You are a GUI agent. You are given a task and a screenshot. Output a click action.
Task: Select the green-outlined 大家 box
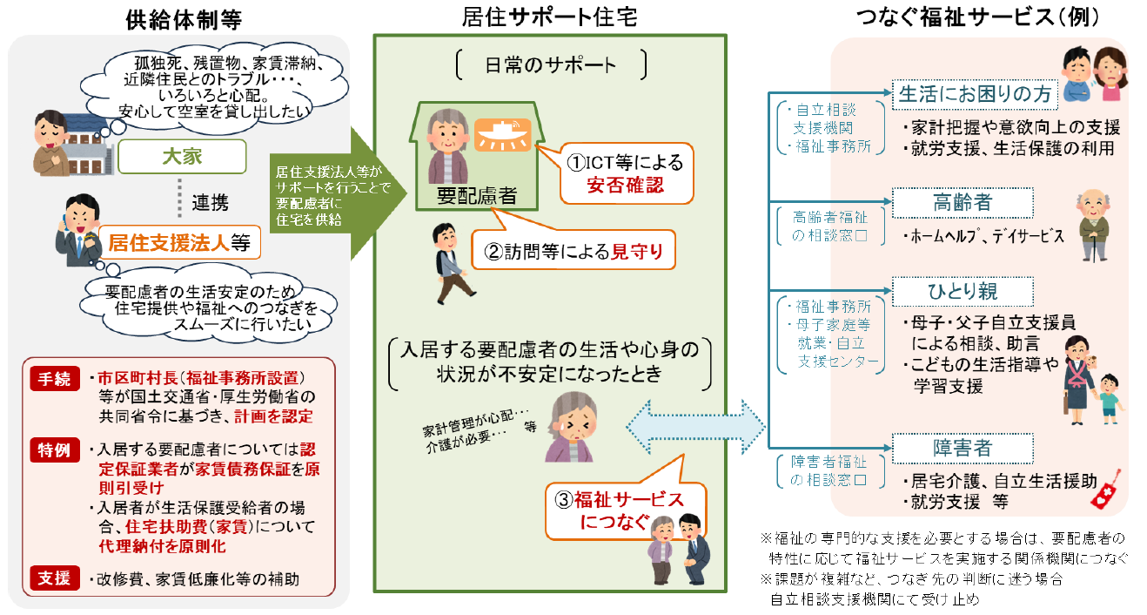[x=182, y=157]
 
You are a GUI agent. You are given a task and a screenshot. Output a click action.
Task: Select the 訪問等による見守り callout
[x=573, y=252]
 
